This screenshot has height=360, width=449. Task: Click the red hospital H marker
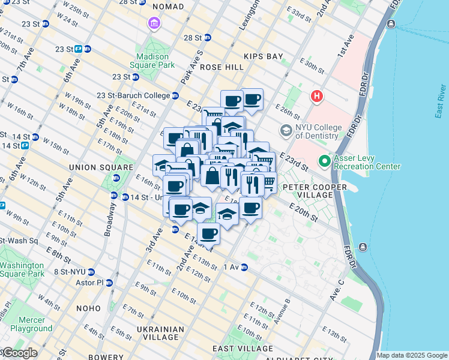click(x=316, y=96)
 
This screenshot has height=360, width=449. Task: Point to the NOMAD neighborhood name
click(x=169, y=7)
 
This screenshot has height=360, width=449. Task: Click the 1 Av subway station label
click(x=231, y=267)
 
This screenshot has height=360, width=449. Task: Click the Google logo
click(x=19, y=353)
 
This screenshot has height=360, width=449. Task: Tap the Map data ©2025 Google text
click(x=411, y=355)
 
